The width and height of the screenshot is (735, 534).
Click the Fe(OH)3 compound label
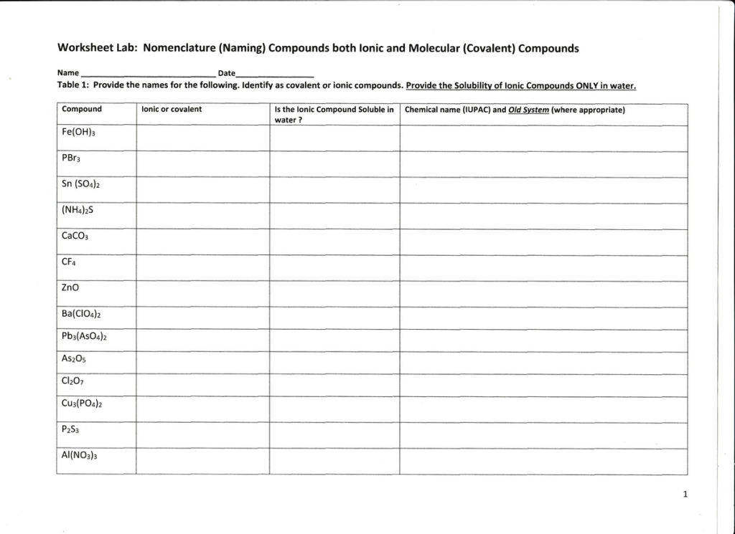click(x=79, y=133)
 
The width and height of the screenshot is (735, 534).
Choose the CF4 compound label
click(x=70, y=262)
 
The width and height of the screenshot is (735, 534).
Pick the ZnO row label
click(x=71, y=287)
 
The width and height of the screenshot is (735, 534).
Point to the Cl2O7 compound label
click(x=74, y=381)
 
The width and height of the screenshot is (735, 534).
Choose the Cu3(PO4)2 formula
click(x=83, y=404)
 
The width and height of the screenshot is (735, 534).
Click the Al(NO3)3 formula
click(x=80, y=455)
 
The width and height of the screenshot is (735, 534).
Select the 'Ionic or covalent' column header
click(x=172, y=110)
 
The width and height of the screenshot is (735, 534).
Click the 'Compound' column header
click(x=82, y=110)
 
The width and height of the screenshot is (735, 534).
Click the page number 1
click(x=685, y=494)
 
